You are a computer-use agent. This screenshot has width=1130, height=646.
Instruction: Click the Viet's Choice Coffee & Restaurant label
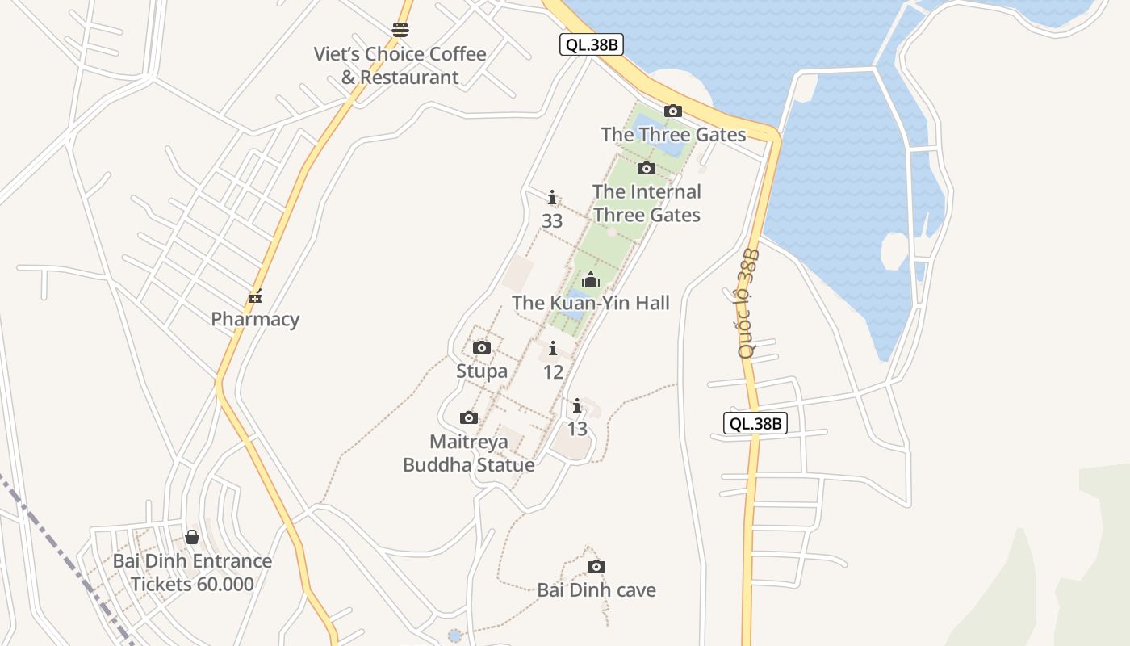pyautogui.click(x=400, y=65)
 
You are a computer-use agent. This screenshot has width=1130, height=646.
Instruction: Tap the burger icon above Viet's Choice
pyautogui.click(x=400, y=30)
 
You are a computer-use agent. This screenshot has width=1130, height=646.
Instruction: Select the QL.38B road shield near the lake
pyautogui.click(x=592, y=44)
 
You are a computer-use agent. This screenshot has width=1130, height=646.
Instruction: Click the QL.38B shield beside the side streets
pyautogui.click(x=755, y=423)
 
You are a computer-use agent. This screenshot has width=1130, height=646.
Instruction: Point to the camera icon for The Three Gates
pyautogui.click(x=672, y=111)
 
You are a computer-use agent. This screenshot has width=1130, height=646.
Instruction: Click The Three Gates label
pyautogui.click(x=673, y=134)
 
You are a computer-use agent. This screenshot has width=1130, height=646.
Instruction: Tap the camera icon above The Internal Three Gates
pyautogui.click(x=646, y=168)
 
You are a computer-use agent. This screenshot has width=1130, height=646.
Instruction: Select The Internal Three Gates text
pyautogui.click(x=647, y=203)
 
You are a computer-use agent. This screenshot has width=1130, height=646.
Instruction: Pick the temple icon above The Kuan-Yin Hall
pyautogui.click(x=591, y=279)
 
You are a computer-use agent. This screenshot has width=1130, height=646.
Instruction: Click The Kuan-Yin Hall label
pyautogui.click(x=591, y=303)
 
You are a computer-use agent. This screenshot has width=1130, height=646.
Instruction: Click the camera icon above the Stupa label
pyautogui.click(x=482, y=347)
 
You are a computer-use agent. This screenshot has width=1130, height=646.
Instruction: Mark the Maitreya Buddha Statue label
pyautogui.click(x=469, y=453)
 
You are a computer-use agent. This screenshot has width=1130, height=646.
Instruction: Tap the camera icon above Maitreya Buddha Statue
pyautogui.click(x=468, y=417)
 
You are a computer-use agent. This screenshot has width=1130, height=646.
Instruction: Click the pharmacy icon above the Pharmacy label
pyautogui.click(x=255, y=296)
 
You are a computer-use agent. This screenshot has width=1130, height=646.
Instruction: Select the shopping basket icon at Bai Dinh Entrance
pyautogui.click(x=192, y=537)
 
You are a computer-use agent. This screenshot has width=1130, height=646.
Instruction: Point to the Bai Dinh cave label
pyautogui.click(x=596, y=589)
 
